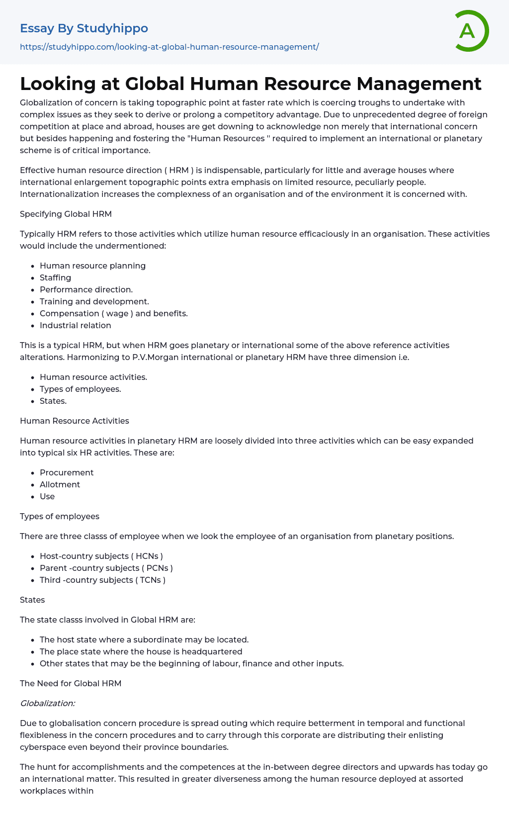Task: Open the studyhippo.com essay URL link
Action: (x=169, y=47)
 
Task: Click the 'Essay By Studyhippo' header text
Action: (x=84, y=28)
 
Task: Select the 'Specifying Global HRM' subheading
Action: (x=66, y=214)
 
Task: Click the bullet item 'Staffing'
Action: (x=55, y=277)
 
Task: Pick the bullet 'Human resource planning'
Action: (x=92, y=266)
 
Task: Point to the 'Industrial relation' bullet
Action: (x=75, y=325)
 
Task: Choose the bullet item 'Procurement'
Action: (x=67, y=472)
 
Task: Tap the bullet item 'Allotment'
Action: (x=60, y=484)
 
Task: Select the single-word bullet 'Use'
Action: (x=47, y=496)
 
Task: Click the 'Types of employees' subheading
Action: (x=60, y=516)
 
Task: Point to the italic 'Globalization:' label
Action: (x=47, y=703)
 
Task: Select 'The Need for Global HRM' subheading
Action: (x=71, y=683)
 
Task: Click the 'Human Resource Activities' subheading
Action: (x=74, y=421)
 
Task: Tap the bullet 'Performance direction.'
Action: (x=86, y=289)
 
